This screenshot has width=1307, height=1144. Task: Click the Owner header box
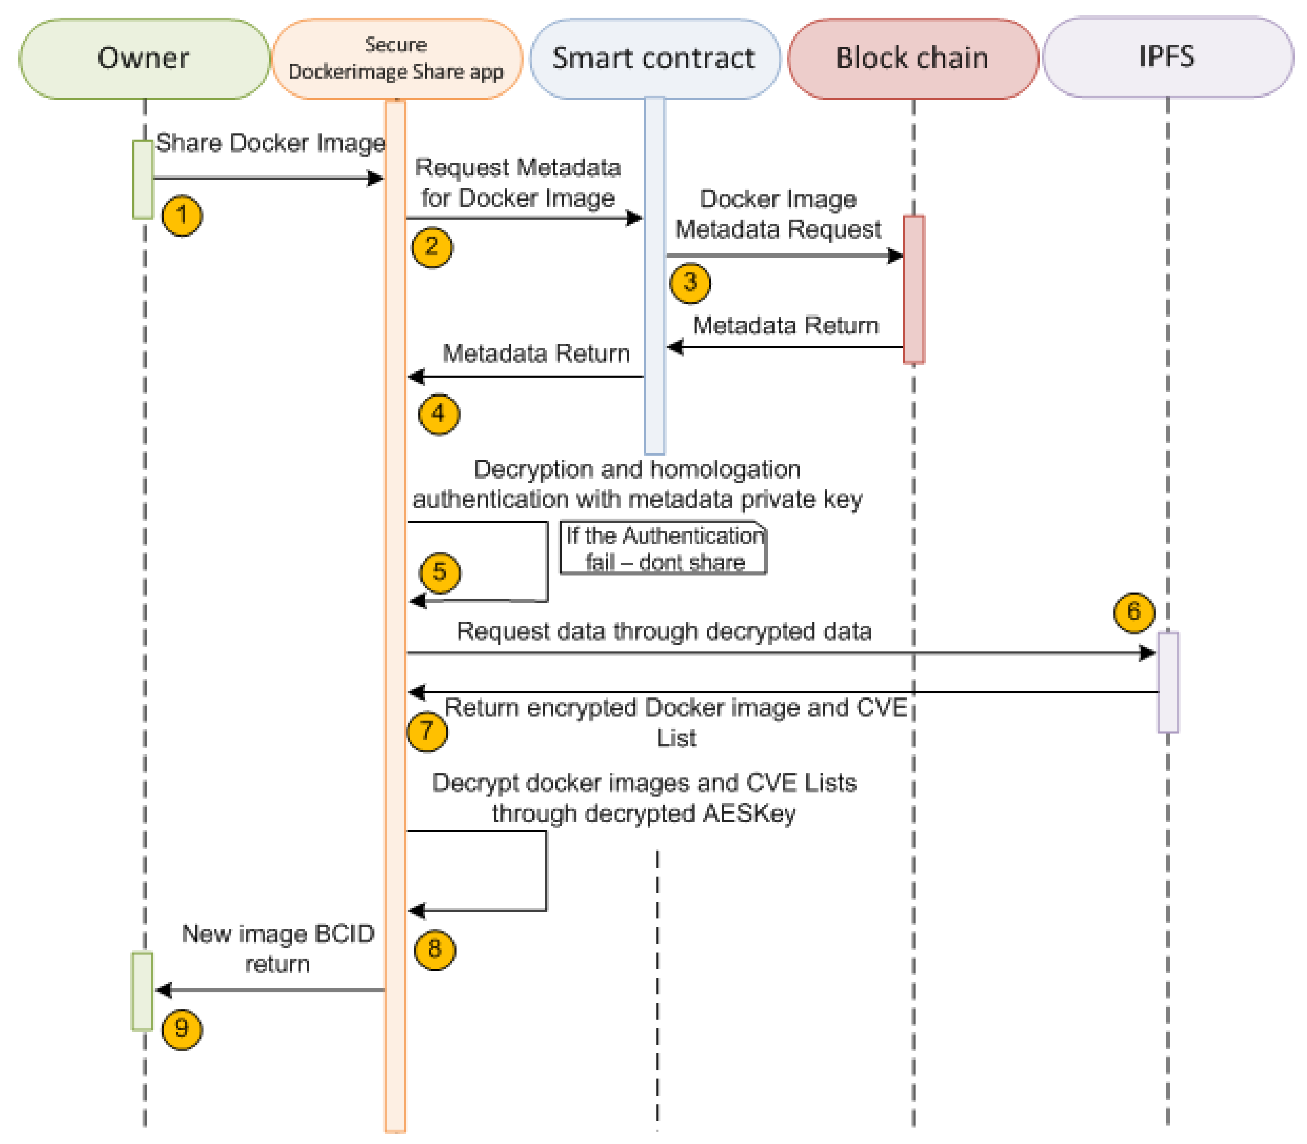(144, 58)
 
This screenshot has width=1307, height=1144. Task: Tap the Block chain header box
(912, 58)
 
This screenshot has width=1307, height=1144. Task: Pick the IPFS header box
(1166, 57)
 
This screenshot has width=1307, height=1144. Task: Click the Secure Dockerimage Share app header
(396, 58)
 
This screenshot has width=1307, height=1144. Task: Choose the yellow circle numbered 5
(439, 572)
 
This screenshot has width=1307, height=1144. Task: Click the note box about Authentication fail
(663, 548)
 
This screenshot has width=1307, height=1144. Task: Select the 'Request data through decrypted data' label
(664, 631)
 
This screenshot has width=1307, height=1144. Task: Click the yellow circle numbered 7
(427, 731)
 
